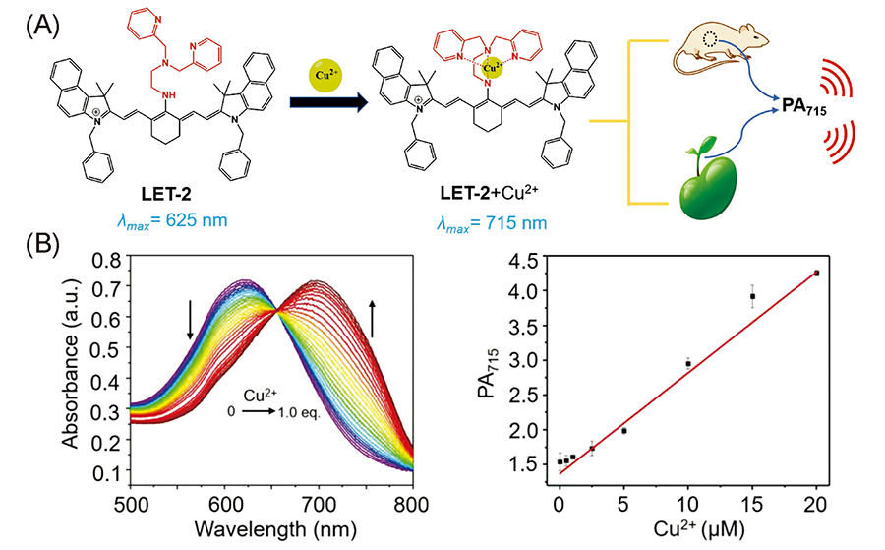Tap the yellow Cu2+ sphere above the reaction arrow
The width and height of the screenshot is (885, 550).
click(x=325, y=73)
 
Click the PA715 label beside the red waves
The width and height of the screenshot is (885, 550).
click(x=800, y=106)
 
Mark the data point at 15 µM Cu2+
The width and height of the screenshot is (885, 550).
click(x=752, y=296)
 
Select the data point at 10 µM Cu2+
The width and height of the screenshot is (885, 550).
click(x=688, y=363)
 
